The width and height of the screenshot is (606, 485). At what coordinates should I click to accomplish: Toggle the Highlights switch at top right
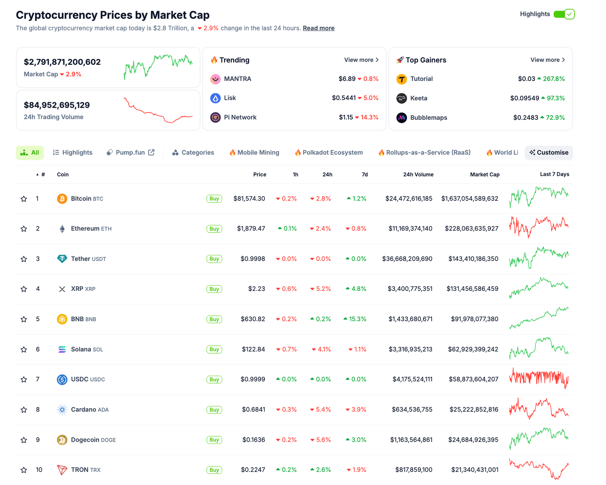[564, 14]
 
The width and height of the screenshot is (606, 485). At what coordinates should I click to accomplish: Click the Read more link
[318, 28]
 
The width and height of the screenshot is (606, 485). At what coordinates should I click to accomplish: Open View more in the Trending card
[361, 60]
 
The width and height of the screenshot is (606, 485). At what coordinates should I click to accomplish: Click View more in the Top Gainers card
[547, 60]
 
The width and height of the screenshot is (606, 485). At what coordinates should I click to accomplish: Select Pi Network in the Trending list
[240, 117]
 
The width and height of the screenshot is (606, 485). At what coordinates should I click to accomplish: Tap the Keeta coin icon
[401, 98]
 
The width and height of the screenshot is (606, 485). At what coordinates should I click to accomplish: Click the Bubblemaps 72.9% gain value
[553, 118]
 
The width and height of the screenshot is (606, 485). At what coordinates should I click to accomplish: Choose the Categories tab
[193, 153]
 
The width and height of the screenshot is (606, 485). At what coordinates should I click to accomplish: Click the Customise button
[548, 153]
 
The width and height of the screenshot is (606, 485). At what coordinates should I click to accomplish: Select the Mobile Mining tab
[254, 153]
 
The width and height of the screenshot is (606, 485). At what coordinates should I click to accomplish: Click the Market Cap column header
[484, 174]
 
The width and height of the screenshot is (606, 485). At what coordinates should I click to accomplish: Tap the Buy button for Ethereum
[214, 229]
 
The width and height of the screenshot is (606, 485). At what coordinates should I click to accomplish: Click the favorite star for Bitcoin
[24, 199]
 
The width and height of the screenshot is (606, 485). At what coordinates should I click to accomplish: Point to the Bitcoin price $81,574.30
[249, 198]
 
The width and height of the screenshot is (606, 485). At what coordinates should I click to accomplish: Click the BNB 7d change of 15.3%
[355, 319]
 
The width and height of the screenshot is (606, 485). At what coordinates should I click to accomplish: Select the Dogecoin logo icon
[62, 440]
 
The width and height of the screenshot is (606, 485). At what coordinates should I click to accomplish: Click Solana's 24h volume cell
[410, 349]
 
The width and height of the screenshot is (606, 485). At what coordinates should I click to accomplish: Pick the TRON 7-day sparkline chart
[539, 469]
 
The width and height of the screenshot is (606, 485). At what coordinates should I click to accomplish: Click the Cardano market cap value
[473, 410]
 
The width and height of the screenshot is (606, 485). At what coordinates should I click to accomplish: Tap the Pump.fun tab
[130, 153]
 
